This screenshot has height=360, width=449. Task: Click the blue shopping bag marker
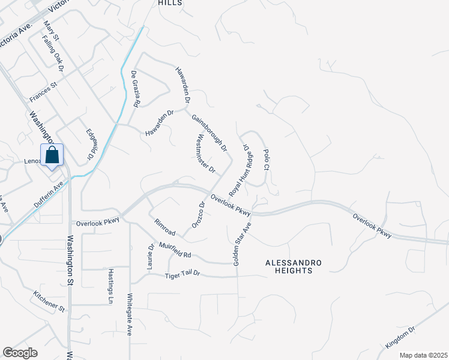click(52, 155)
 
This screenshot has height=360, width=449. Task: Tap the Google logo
click(19, 352)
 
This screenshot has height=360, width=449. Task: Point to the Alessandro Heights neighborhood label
click(294, 267)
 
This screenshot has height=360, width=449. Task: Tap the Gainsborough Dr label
click(209, 133)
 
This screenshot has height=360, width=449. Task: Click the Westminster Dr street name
click(205, 154)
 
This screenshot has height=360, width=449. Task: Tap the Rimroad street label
click(164, 228)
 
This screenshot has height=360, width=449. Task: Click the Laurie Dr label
click(151, 256)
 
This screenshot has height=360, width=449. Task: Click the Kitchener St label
click(49, 301)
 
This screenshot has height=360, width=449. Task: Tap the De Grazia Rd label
click(136, 89)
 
